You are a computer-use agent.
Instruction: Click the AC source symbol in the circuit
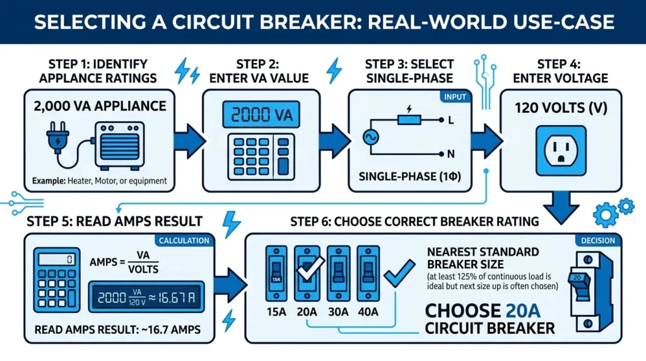point(368,137)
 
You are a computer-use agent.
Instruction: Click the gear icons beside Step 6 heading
point(613,210)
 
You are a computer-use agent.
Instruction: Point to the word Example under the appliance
point(48,180)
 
